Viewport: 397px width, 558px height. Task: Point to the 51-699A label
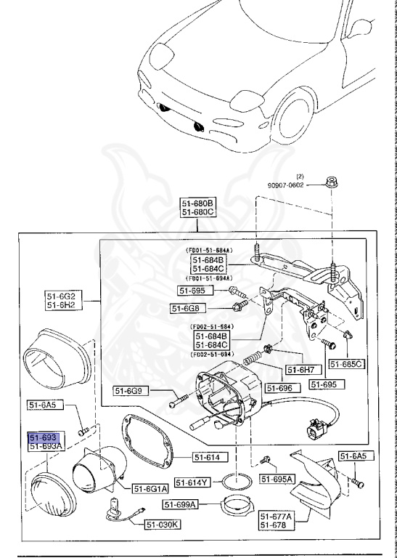coord(181,504)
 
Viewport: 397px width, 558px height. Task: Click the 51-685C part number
coord(346,363)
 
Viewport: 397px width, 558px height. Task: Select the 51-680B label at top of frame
coord(197,203)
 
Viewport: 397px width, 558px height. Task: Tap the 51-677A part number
coord(275,515)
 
